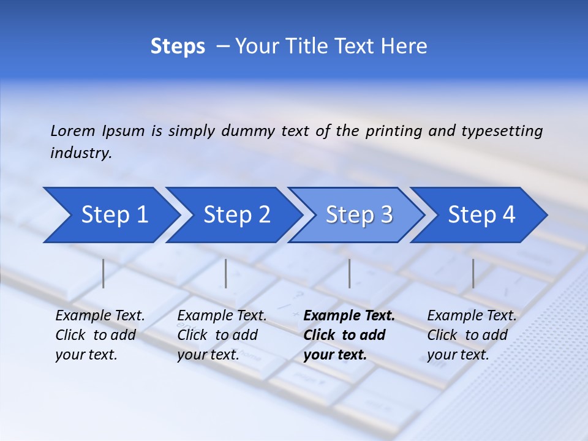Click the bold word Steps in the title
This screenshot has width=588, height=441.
tap(178, 46)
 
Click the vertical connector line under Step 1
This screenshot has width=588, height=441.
tap(104, 273)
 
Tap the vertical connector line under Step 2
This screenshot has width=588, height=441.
tap(226, 273)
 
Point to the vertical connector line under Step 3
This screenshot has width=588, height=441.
tap(349, 273)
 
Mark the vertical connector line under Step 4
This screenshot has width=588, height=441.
tap(473, 273)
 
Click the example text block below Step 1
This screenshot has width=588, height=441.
tap(100, 335)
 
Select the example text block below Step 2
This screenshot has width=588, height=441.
tap(222, 335)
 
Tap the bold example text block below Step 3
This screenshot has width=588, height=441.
tap(349, 335)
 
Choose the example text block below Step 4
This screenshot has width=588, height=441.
tap(472, 335)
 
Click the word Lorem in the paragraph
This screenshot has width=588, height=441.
tap(73, 130)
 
